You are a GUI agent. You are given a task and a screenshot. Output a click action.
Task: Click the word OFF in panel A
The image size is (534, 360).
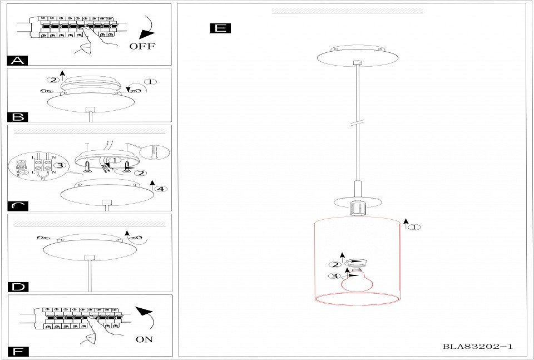142,46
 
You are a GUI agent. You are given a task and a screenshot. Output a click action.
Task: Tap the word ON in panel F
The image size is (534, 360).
144,339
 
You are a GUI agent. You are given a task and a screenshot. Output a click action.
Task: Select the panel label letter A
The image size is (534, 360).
18,61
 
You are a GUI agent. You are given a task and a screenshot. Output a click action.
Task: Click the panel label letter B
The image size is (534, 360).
18,117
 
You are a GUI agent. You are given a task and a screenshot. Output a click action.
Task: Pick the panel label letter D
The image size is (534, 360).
18,287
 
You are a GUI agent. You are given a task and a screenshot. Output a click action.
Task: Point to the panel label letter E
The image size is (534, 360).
220,28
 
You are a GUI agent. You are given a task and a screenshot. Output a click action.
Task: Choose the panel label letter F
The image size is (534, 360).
18,352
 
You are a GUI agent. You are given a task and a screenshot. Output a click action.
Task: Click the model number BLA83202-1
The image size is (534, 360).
477,347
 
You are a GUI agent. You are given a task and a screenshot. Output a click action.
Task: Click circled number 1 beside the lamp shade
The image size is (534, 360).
414,227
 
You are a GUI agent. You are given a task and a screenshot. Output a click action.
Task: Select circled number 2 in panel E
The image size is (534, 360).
335,265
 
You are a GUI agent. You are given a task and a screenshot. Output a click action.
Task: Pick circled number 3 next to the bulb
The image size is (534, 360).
335,276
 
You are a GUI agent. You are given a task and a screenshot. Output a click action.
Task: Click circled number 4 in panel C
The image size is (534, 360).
161,189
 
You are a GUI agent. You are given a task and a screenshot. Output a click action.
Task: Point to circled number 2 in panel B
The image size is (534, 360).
53,80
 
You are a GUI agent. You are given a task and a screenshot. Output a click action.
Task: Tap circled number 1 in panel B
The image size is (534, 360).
151,82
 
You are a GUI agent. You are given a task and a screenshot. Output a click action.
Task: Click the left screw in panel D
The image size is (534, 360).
43,238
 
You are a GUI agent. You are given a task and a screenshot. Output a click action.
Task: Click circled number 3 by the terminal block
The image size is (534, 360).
60,165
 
